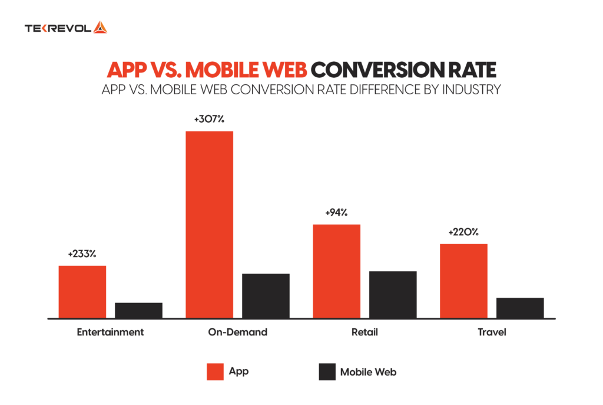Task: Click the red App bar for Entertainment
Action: [x=82, y=292]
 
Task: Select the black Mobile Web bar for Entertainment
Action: [x=138, y=310]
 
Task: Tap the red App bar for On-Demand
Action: [x=209, y=224]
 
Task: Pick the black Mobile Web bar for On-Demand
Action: [x=266, y=295]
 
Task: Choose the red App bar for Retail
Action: [x=336, y=271]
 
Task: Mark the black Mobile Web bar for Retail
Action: [x=393, y=294]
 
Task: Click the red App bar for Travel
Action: [x=463, y=281]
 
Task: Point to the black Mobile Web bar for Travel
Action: [x=520, y=308]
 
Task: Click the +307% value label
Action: [x=209, y=119]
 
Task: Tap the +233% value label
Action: [x=82, y=254]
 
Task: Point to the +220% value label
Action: [x=463, y=232]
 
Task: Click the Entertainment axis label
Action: [x=110, y=332]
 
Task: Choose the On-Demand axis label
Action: [x=237, y=332]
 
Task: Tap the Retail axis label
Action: [x=365, y=332]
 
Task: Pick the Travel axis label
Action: [x=492, y=332]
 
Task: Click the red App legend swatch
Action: [x=215, y=372]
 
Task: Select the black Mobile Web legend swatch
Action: [x=326, y=372]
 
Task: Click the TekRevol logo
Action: [x=65, y=28]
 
